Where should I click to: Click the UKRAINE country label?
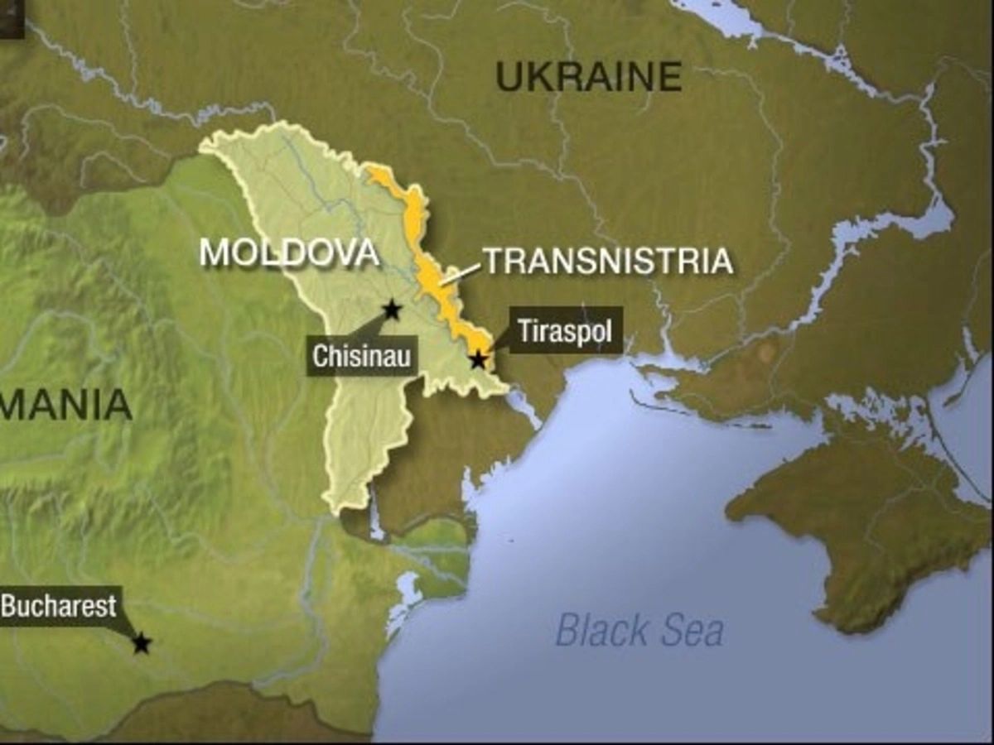588,77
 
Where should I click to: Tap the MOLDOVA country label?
290,252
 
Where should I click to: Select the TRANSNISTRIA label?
609,261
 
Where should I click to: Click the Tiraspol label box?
565,330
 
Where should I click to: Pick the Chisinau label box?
362,356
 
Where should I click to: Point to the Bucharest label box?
59,607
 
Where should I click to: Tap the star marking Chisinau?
392,310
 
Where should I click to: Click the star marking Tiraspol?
478,359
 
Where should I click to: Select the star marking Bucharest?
142,642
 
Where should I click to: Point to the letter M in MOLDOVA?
214,252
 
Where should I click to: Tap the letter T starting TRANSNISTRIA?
495,261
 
